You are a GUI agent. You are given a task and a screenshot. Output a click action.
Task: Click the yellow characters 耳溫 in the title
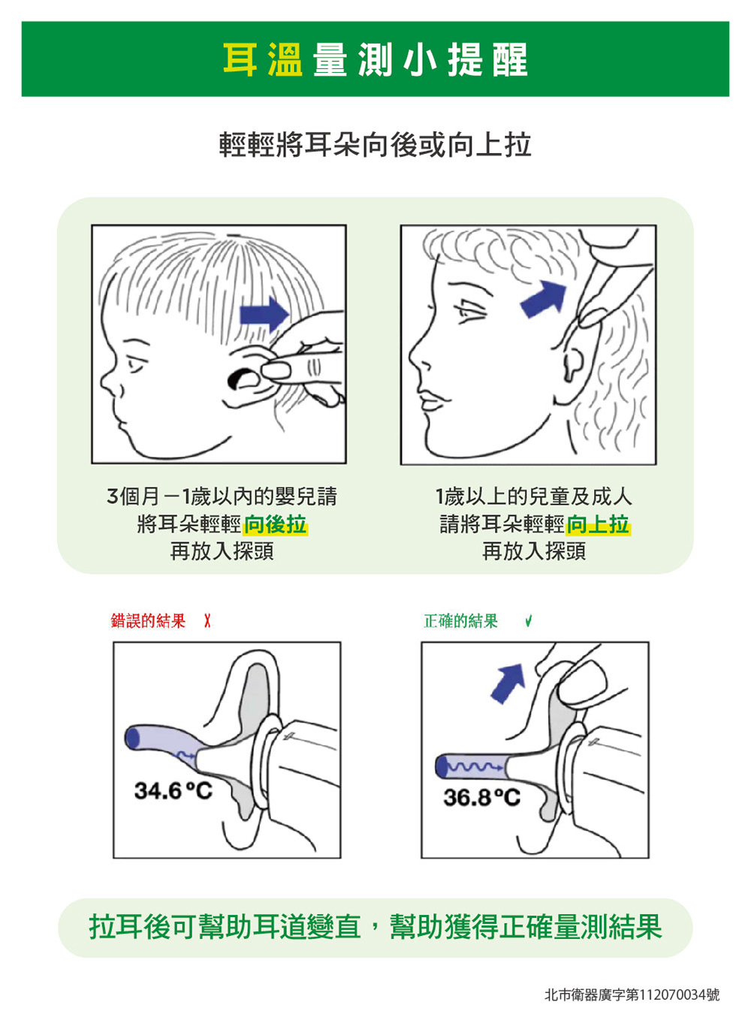tap(263, 59)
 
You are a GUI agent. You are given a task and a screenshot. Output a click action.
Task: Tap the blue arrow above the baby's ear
tap(264, 314)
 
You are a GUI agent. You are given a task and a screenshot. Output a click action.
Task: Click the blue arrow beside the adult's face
tap(544, 299)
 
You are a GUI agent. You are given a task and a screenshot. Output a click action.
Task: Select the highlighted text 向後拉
tap(276, 524)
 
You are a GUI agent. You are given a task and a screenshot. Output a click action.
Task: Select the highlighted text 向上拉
tap(598, 524)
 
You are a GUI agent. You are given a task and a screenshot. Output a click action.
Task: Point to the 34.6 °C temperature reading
tap(173, 791)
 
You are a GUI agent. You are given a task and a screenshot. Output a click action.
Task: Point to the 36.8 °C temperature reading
tap(481, 798)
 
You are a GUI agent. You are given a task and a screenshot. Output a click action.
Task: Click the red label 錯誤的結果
tap(149, 621)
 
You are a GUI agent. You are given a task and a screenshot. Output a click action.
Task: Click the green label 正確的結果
tap(460, 621)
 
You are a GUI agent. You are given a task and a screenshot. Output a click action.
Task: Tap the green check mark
tap(528, 622)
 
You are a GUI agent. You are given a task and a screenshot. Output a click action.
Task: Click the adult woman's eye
tap(470, 312)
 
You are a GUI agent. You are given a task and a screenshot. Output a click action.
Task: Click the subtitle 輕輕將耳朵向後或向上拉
tap(375, 145)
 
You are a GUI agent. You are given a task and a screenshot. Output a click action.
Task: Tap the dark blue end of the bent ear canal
tap(133, 738)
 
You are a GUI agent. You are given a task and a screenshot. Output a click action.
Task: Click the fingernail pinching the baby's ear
tap(276, 370)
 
